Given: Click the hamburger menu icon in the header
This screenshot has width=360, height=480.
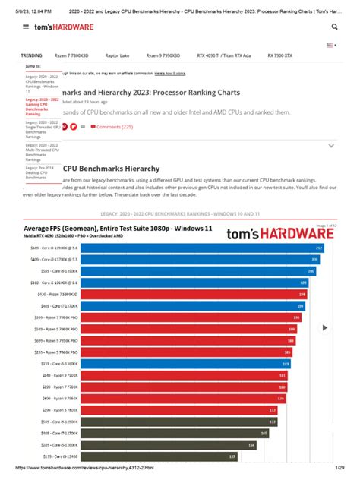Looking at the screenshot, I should pos(27,26).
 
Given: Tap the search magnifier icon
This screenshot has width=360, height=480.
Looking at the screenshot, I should pos(334,26).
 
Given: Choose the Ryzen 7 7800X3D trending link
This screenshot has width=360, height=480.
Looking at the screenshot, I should pos(71,55).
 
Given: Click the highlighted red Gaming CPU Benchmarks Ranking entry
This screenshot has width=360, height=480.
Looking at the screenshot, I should pos(43,109).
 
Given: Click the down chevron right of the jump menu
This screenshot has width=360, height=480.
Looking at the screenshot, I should pos(331,145).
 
